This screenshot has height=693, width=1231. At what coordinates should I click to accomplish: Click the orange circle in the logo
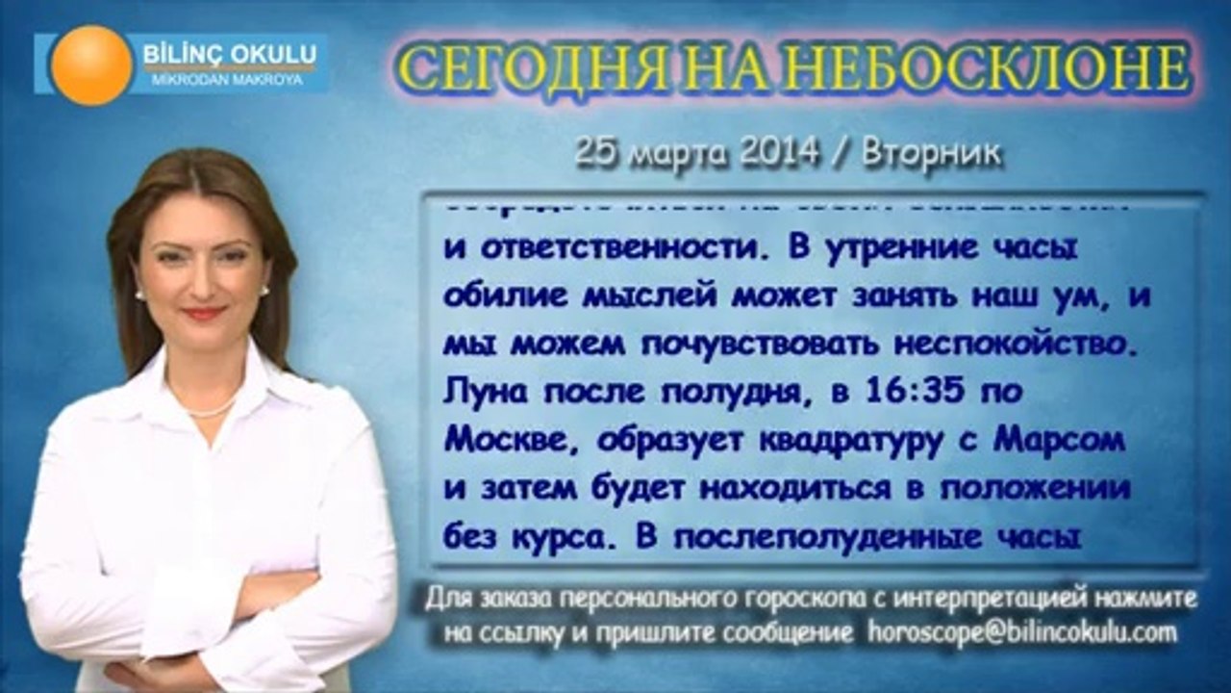[x=91, y=64]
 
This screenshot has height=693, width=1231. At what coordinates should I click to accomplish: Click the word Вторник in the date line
[x=931, y=153]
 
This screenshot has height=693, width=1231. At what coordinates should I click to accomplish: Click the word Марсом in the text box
[x=1059, y=441]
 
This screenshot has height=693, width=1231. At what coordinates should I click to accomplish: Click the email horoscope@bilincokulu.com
[x=1022, y=632]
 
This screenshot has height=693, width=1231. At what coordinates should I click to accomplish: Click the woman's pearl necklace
[x=210, y=411]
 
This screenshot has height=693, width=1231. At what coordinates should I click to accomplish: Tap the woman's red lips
[x=204, y=313]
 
